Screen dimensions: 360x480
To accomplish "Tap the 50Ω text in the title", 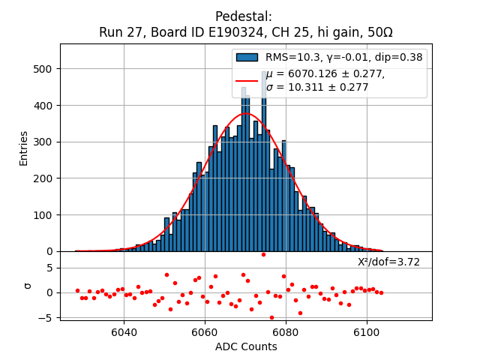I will tap(378, 33).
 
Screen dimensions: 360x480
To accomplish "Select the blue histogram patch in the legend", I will tap(247, 57).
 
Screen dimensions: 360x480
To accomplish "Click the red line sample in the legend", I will tap(247, 80).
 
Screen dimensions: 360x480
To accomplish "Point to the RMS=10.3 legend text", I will tap(295, 57).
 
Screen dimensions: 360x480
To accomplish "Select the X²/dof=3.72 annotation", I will tap(388, 262).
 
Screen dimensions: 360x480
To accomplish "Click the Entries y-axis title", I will tap(24, 148).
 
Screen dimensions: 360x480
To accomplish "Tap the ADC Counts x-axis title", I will tap(246, 346).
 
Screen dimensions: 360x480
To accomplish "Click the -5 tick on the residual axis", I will tap(46, 318).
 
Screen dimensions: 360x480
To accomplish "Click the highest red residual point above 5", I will tap(263, 254).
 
